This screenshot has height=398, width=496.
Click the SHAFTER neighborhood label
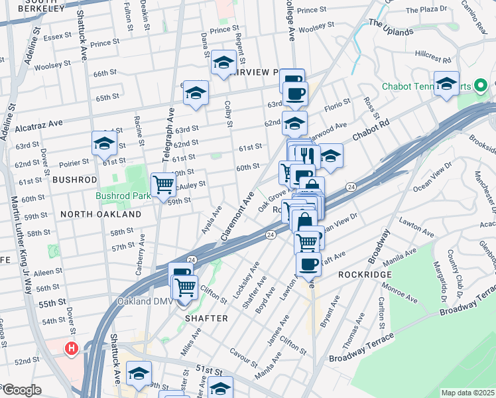pos(207,318)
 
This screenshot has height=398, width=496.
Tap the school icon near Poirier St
pos(104,143)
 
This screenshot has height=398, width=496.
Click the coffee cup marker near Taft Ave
pos(308,264)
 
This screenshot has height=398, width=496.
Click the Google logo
pos(21,390)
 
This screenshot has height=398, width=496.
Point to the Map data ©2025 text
pos(468,393)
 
